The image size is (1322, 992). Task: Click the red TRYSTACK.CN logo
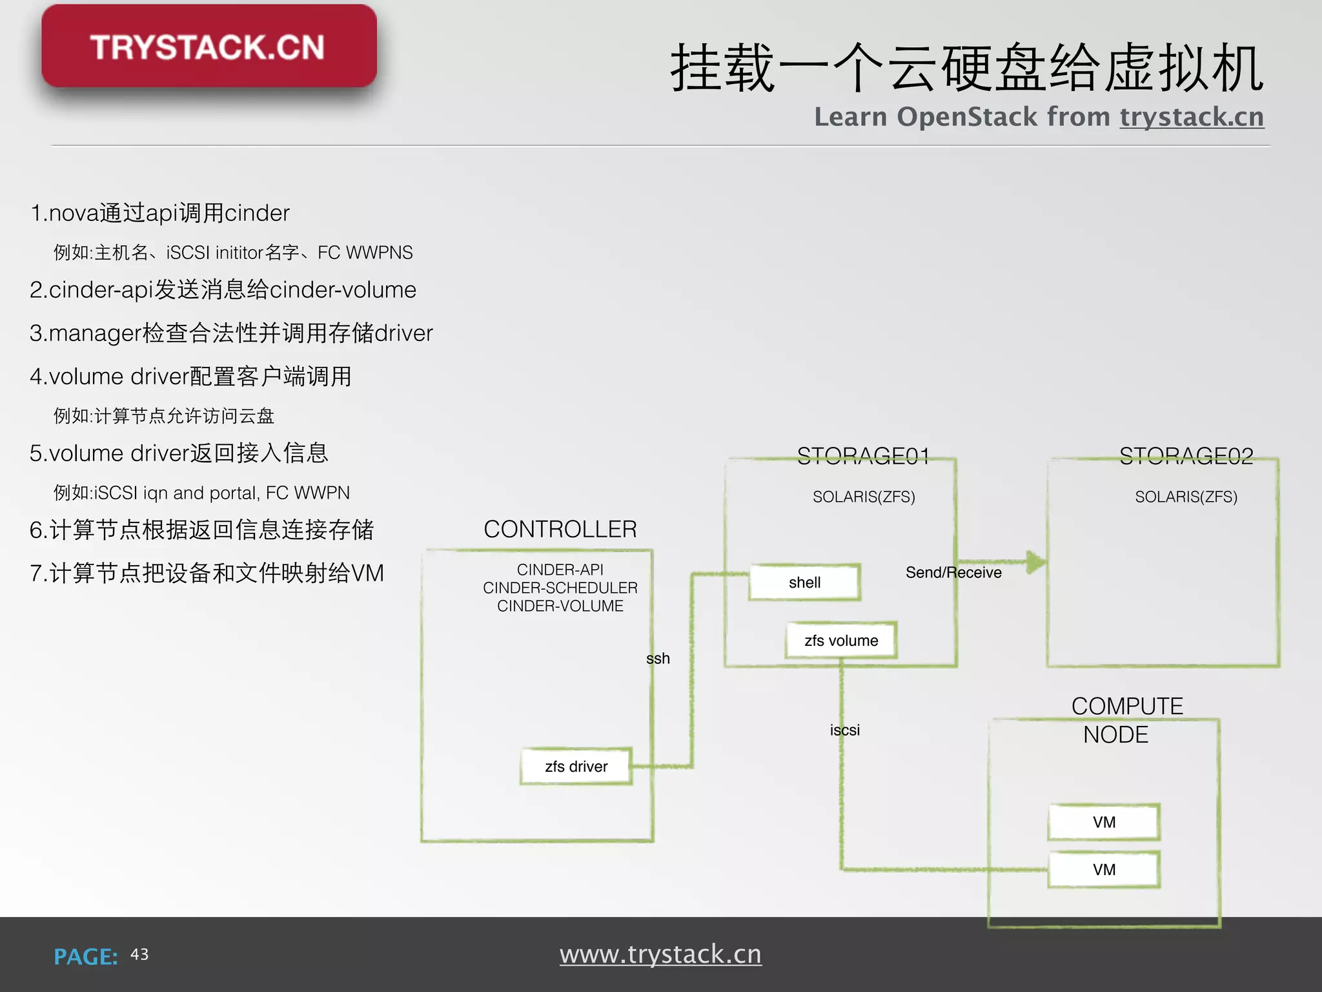[208, 46]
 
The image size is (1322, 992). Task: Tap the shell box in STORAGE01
[804, 583]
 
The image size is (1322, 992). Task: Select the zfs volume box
[841, 641]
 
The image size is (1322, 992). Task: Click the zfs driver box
[576, 767]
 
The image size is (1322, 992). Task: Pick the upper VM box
[1104, 822]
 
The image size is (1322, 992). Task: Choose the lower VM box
[1104, 870]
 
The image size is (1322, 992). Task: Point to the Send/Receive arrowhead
[1035, 562]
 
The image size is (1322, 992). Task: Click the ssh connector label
[658, 659]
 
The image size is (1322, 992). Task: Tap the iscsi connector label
[845, 730]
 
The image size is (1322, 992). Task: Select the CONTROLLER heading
[560, 530]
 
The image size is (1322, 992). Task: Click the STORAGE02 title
[1186, 457]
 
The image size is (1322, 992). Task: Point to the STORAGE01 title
[863, 457]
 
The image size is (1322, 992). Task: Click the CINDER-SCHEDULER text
[560, 588]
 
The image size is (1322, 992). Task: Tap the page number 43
[139, 955]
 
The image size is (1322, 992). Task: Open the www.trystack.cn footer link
[660, 955]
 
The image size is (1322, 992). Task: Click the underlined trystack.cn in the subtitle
[1192, 117]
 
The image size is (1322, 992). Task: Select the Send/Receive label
[953, 573]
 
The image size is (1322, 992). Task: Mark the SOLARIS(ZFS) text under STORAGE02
[1186, 497]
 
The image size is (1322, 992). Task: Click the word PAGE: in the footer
[86, 956]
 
